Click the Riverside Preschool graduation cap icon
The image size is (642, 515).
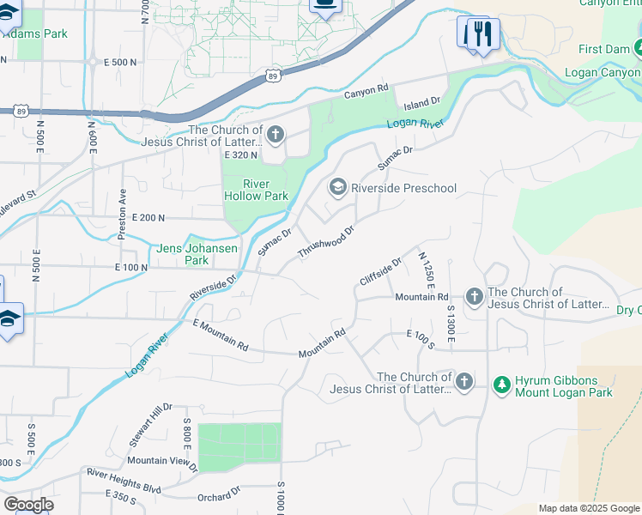pyautogui.click(x=338, y=187)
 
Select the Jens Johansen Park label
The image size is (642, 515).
pyautogui.click(x=184, y=254)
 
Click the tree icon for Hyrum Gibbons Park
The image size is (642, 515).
pyautogui.click(x=502, y=384)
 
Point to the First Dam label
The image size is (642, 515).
pyautogui.click(x=603, y=49)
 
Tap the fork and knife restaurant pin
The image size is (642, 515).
pyautogui.click(x=484, y=34)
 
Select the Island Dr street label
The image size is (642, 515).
pyautogui.click(x=422, y=101)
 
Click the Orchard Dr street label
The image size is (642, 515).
pyautogui.click(x=218, y=495)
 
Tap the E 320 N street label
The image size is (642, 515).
pyautogui.click(x=241, y=155)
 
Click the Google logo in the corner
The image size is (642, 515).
pyautogui.click(x=28, y=504)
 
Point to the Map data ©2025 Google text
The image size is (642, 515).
pyautogui.click(x=588, y=508)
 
